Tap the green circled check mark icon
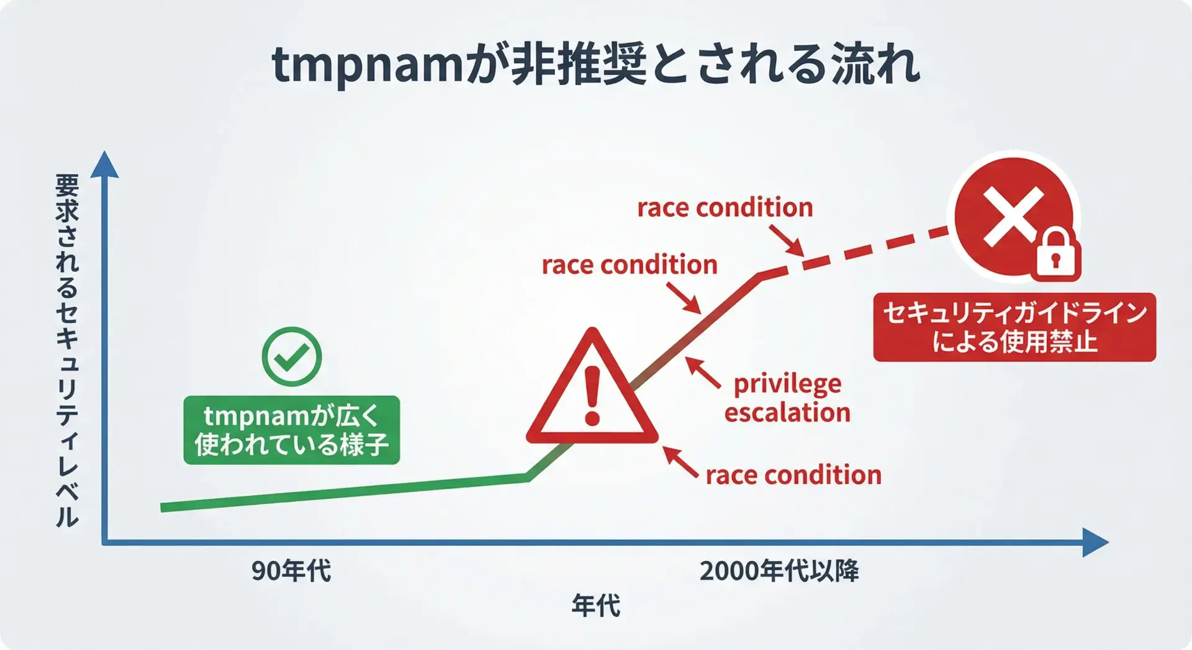(292, 357)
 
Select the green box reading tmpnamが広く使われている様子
(292, 430)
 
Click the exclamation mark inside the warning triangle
(592, 395)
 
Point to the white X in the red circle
(1013, 216)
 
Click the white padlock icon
(1055, 254)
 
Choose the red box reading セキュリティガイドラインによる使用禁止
(1014, 327)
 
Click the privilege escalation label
(787, 399)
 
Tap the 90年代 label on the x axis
(291, 571)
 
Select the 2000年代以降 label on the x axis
(779, 571)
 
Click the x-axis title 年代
(595, 605)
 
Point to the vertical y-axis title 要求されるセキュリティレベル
(67, 351)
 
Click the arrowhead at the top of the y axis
(104, 165)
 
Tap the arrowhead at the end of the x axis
(1095, 543)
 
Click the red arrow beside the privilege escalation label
(703, 372)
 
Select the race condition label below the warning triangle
(793, 476)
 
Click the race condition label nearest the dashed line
(725, 207)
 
